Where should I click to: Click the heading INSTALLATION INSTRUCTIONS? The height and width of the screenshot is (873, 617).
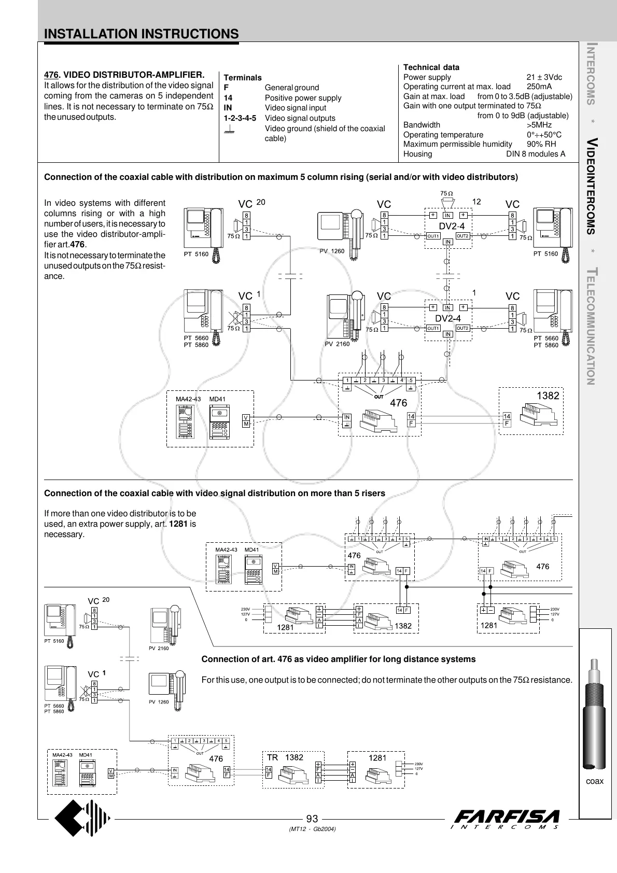click(142, 34)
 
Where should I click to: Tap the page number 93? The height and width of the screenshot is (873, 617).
click(312, 819)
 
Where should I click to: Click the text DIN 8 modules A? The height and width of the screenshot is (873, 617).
click(536, 154)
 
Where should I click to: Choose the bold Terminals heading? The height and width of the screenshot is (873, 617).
click(243, 78)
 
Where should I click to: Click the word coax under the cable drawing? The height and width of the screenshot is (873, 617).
click(595, 781)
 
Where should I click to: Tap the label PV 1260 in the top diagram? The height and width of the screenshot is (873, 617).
click(332, 251)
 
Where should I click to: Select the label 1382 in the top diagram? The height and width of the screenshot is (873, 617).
click(548, 396)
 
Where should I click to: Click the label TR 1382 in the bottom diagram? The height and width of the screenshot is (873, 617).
click(285, 757)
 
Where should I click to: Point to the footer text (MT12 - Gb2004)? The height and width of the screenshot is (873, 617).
click(312, 829)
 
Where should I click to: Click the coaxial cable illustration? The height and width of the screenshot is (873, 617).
click(594, 715)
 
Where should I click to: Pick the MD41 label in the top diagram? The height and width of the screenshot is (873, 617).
click(217, 399)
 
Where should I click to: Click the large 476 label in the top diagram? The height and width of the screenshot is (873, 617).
click(398, 403)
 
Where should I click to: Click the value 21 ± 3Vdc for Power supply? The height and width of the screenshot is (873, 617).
click(544, 77)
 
